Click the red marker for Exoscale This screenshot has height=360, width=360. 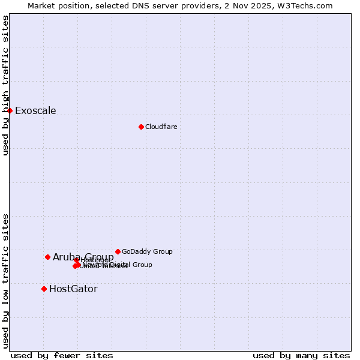10,110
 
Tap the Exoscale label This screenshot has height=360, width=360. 35,110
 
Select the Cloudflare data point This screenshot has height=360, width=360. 141,127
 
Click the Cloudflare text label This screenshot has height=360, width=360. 161,127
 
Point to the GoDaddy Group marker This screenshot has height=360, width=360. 118,251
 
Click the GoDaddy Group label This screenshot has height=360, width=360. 147,251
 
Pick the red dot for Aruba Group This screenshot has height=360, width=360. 47,257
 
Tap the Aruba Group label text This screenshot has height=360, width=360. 83,257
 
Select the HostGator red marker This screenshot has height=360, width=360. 44,289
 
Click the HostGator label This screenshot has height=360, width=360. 73,289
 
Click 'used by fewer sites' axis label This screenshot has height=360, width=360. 62,355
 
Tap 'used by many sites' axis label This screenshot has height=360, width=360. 301,355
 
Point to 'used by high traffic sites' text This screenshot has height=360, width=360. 5,85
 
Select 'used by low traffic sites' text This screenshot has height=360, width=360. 5,280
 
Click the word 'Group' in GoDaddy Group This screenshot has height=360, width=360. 162,251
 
